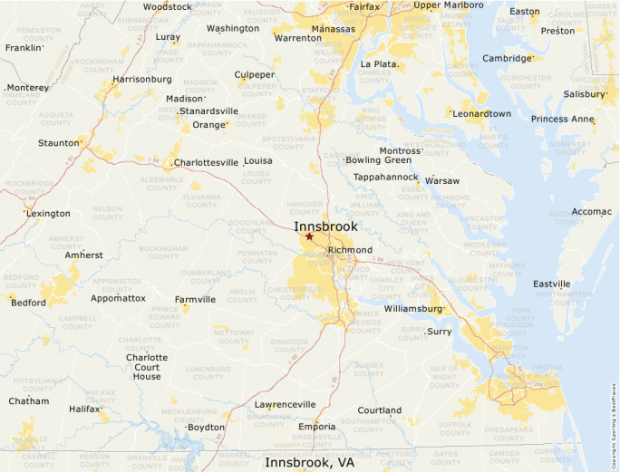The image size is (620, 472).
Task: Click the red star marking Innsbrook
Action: pos(309,236)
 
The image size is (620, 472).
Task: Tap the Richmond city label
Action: pos(350,250)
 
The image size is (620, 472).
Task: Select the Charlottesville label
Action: pos(206,163)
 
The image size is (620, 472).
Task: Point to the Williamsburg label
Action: pos(412,309)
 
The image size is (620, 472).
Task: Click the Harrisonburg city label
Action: pos(142,80)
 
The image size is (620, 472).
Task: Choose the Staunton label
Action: pos(58,143)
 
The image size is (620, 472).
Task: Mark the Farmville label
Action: pos(195,300)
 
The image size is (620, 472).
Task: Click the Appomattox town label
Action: pos(118,298)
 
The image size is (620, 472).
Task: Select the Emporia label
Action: pos(316,427)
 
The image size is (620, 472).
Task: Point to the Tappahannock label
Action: pos(385,177)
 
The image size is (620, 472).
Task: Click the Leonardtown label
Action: pos(481,114)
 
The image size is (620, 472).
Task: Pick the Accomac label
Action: pos(591,211)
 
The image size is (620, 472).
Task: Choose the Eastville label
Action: pos(551,284)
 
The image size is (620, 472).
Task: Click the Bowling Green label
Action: pos(378,160)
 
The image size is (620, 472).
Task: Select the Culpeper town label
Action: pos(254,75)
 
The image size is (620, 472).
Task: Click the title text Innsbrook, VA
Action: pos(309,462)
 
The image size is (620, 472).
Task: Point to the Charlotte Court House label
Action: pos(147,367)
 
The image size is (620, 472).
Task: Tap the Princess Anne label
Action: pos(562,120)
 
